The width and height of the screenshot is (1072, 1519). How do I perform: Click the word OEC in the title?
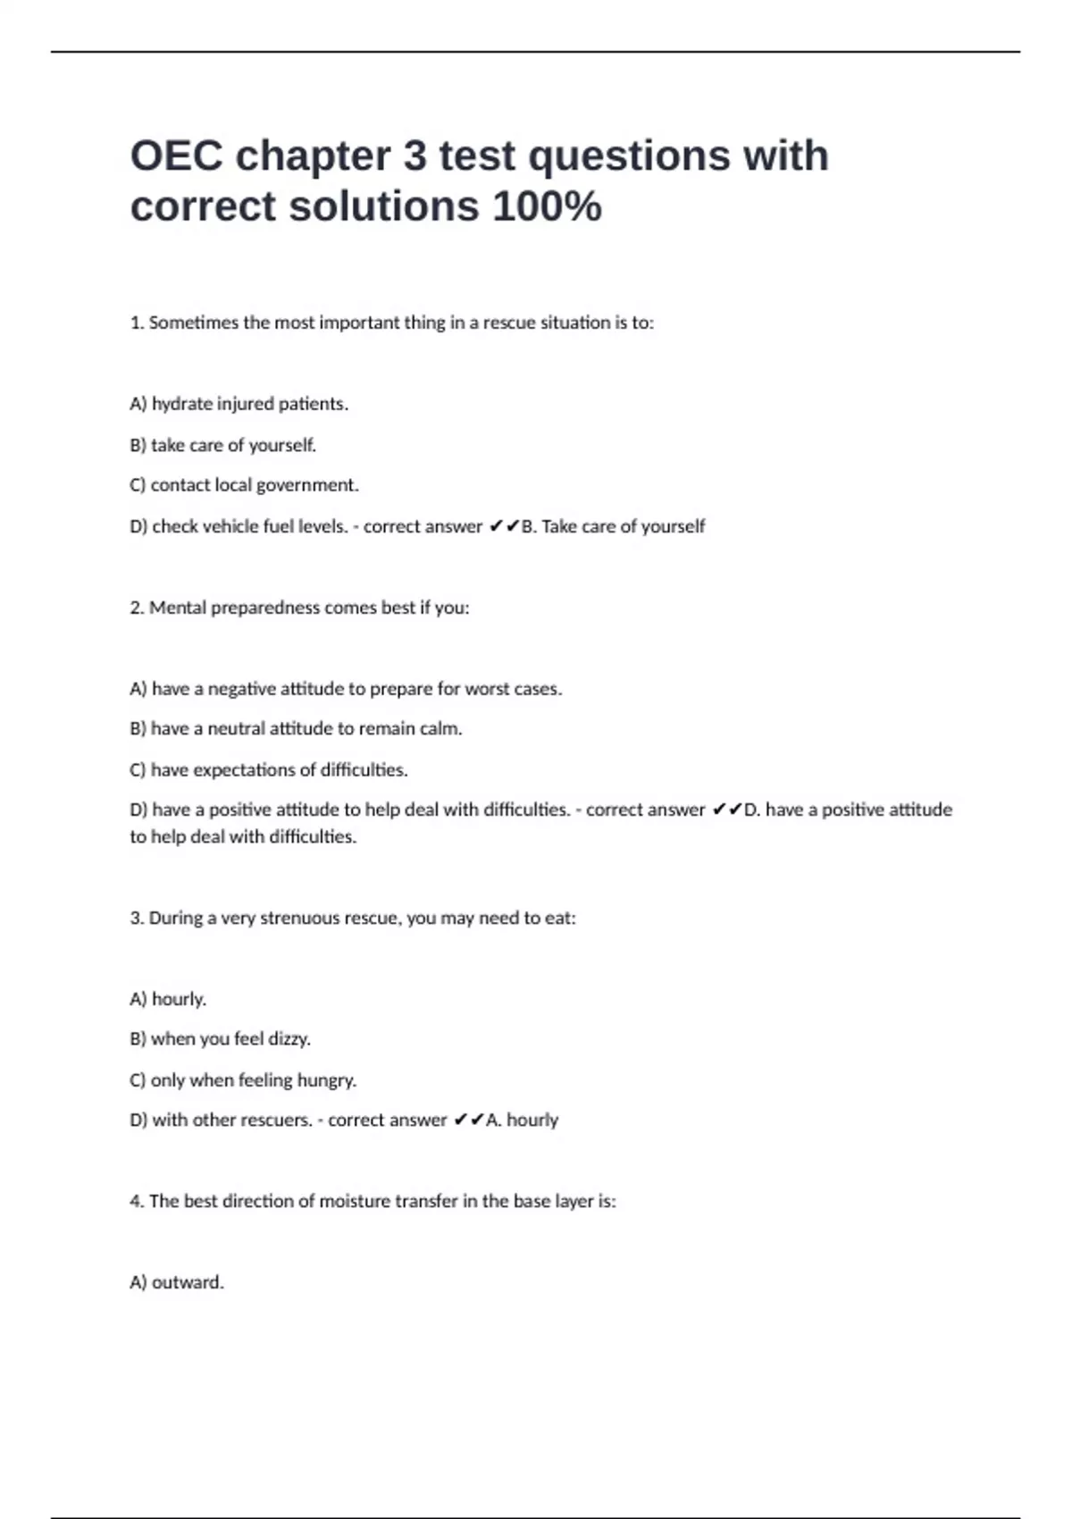click(176, 156)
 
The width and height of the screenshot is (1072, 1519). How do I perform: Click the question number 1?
click(136, 323)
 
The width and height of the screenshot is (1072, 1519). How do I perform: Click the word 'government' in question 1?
click(306, 485)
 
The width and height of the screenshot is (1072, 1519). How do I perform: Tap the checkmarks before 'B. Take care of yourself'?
click(504, 526)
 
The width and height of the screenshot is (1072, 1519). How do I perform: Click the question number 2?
click(136, 608)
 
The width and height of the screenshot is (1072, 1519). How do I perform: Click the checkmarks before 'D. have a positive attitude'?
click(727, 810)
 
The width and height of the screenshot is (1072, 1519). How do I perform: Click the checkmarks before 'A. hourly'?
click(469, 1120)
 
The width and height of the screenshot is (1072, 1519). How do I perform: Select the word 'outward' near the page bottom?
click(186, 1282)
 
